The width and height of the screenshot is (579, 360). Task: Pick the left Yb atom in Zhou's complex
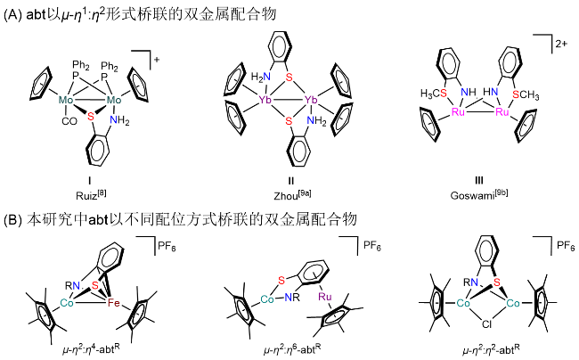(x=265, y=101)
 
